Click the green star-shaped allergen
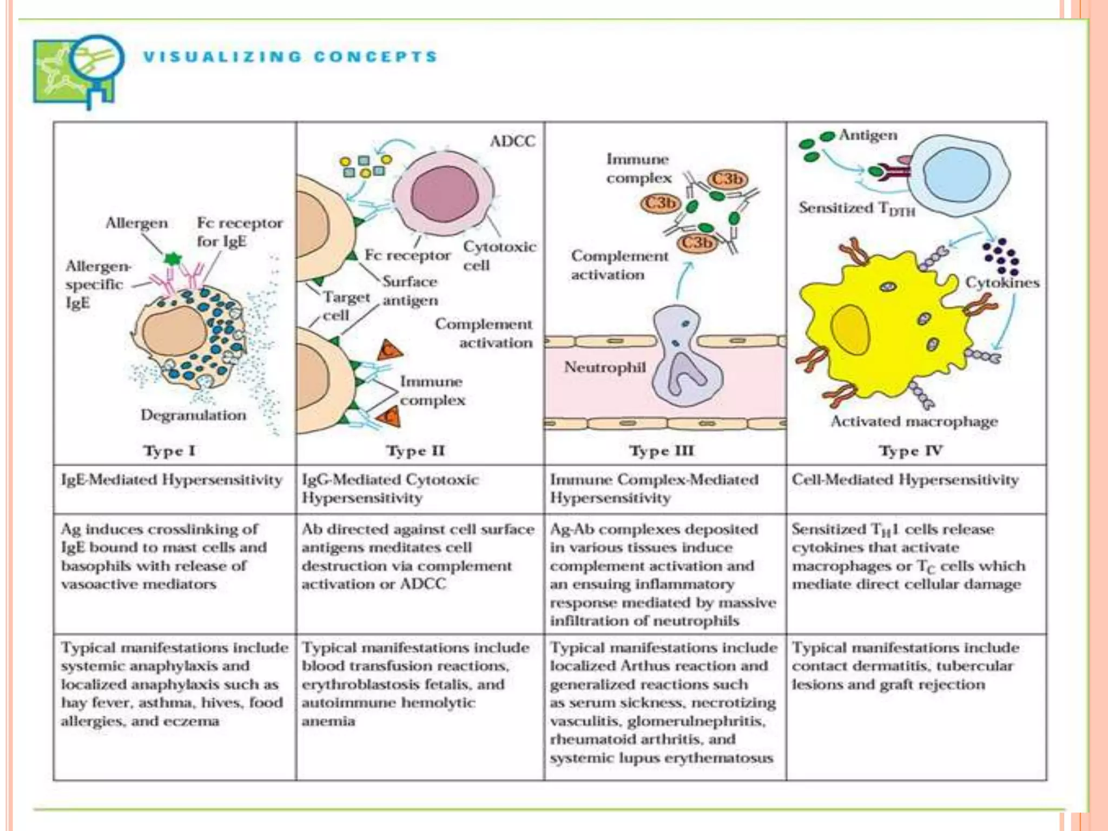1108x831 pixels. [x=173, y=258]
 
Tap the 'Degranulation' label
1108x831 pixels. [x=193, y=415]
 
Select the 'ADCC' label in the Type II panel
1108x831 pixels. [x=512, y=141]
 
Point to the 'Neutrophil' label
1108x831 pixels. [x=605, y=367]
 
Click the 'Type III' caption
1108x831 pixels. [x=661, y=451]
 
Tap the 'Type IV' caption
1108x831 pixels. [x=910, y=451]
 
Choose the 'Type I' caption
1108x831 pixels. [x=169, y=451]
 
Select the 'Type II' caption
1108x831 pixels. [x=415, y=451]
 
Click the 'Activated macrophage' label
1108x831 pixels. [x=914, y=421]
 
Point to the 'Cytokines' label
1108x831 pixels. [x=1002, y=282]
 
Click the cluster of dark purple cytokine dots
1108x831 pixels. [x=1000, y=257]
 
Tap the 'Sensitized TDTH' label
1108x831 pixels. [x=856, y=208]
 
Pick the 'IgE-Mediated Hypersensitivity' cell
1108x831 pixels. [x=172, y=480]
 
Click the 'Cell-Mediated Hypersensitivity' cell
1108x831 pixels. [x=905, y=480]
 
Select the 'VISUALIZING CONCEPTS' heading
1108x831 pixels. [x=290, y=57]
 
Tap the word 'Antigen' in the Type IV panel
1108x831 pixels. [x=868, y=135]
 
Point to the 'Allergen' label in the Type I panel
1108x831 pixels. [x=136, y=223]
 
